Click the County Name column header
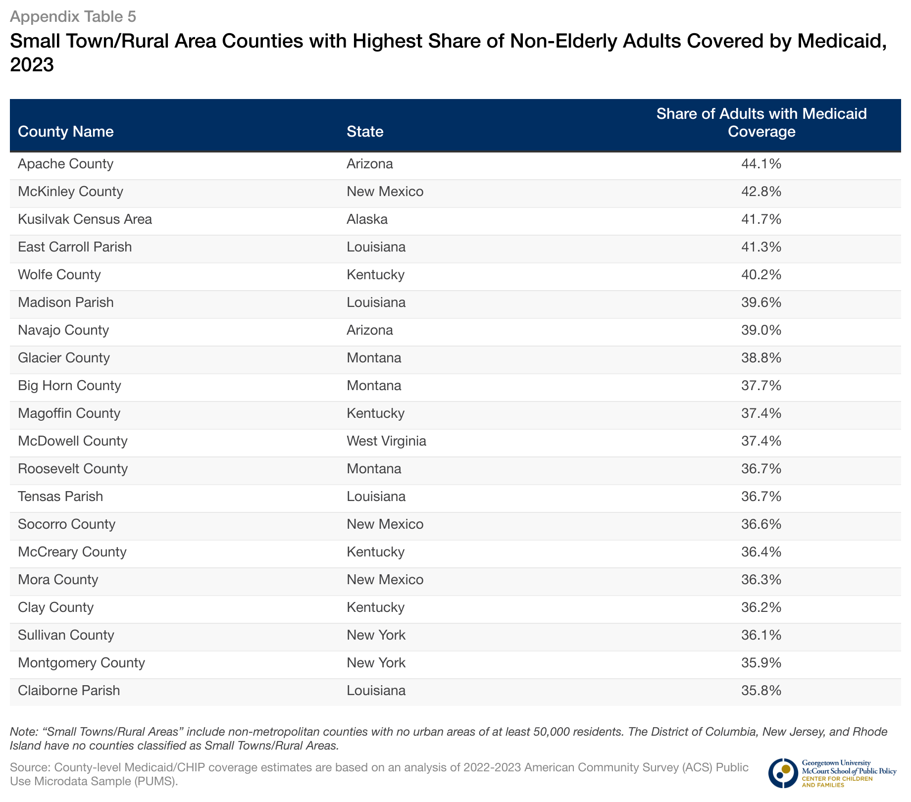tap(66, 132)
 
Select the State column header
tap(365, 132)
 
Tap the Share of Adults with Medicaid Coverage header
tap(761, 123)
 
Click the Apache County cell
tap(66, 164)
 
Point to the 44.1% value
tap(761, 164)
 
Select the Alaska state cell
tap(367, 219)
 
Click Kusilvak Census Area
tap(85, 219)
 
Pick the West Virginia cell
tap(386, 441)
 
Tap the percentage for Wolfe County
tap(761, 275)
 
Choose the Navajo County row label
tap(63, 330)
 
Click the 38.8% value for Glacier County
tap(761, 358)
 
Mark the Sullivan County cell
tap(66, 635)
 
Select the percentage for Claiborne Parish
tap(761, 691)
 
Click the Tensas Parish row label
tap(60, 497)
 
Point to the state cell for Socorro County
tap(385, 524)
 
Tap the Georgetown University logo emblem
tap(783, 773)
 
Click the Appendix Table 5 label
tap(73, 17)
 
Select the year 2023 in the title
tap(32, 65)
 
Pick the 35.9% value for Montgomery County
tap(761, 663)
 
